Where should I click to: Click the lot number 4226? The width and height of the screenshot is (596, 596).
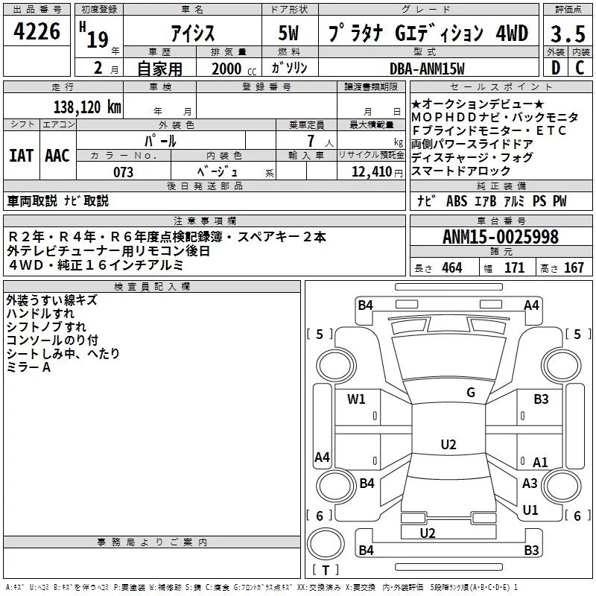(x=37, y=31)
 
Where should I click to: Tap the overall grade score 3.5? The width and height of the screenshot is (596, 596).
(x=568, y=34)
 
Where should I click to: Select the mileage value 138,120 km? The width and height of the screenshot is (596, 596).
(x=87, y=107)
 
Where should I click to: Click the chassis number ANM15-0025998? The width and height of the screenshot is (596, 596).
(x=501, y=237)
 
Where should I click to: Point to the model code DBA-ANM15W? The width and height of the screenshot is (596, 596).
(x=427, y=69)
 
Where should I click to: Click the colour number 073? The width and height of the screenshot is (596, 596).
(x=123, y=172)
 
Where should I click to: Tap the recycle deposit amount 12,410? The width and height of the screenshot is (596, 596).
(x=371, y=171)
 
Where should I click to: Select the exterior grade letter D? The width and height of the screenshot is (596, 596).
(x=556, y=68)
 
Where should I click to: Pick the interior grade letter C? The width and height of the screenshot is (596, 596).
(x=580, y=68)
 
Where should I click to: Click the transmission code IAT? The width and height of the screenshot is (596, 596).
(x=22, y=156)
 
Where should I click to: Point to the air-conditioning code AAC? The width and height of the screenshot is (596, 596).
(x=57, y=156)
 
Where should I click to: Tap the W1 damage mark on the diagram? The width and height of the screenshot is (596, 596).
(x=356, y=399)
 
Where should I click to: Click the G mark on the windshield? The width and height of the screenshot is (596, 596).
(x=471, y=393)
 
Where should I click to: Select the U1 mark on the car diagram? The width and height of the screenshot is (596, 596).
(x=530, y=510)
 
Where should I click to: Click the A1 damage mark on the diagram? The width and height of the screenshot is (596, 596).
(x=540, y=462)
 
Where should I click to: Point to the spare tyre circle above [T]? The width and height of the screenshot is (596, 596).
(x=326, y=543)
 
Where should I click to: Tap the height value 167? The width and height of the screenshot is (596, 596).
(x=574, y=267)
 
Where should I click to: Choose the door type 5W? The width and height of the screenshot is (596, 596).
(x=288, y=33)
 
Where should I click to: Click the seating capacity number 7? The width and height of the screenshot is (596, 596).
(x=311, y=141)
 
